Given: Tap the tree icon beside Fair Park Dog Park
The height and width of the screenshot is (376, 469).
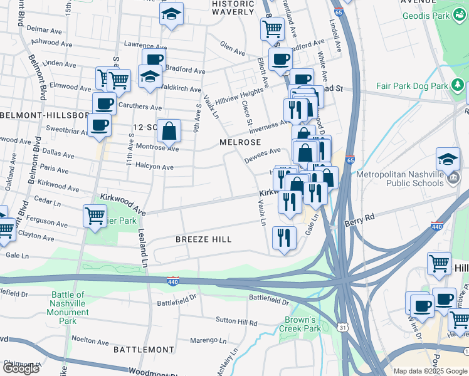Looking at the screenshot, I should [459, 85].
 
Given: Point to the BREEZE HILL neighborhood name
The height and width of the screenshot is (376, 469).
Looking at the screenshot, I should [203, 239].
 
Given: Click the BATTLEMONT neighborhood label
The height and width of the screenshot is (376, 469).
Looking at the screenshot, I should [144, 349].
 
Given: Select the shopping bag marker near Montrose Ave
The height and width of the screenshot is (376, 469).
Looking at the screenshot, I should [169, 132].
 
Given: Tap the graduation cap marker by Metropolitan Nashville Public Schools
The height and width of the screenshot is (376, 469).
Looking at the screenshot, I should [448, 160].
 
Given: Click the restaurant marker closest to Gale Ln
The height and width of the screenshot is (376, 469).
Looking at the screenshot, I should [284, 238].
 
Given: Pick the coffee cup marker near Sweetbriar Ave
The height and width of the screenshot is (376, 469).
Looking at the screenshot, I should [99, 125].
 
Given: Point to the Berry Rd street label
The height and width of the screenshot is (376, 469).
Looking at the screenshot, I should [359, 220].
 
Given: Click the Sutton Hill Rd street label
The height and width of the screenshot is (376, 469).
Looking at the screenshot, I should [236, 323].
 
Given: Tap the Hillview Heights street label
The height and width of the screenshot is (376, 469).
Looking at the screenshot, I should [239, 96].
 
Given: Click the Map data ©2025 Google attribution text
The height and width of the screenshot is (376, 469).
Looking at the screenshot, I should [430, 371].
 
